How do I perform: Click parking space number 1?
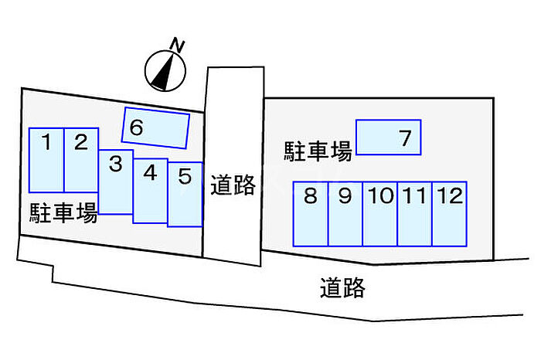46,160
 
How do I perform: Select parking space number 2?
81,160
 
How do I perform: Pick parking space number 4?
151,191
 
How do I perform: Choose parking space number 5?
185,195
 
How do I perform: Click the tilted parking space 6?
156,127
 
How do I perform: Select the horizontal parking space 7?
389,138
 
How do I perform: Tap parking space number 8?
311,214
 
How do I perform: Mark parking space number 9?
345,214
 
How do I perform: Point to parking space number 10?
380,214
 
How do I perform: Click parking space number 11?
415,214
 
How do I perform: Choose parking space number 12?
449,214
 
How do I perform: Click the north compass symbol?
165,70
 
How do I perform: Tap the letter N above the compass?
179,46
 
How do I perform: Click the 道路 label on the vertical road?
233,185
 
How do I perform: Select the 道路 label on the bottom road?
342,288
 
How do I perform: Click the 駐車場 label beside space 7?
318,151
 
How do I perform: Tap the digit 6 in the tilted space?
136,128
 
